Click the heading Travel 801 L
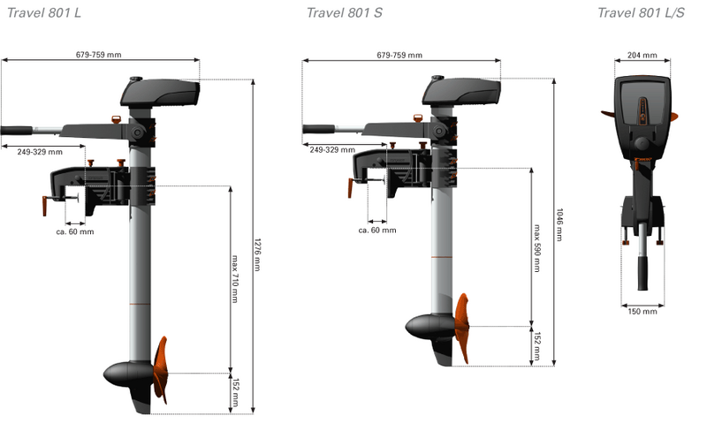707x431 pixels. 44,12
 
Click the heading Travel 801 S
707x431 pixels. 345,12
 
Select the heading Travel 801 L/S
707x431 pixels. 641,12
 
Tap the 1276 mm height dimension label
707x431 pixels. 257,254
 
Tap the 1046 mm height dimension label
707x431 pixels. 559,224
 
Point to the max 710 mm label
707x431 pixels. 234,278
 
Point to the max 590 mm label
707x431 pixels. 536,248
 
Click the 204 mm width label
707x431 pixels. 642,55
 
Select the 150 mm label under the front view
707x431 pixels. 642,311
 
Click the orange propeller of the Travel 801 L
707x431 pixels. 161,369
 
